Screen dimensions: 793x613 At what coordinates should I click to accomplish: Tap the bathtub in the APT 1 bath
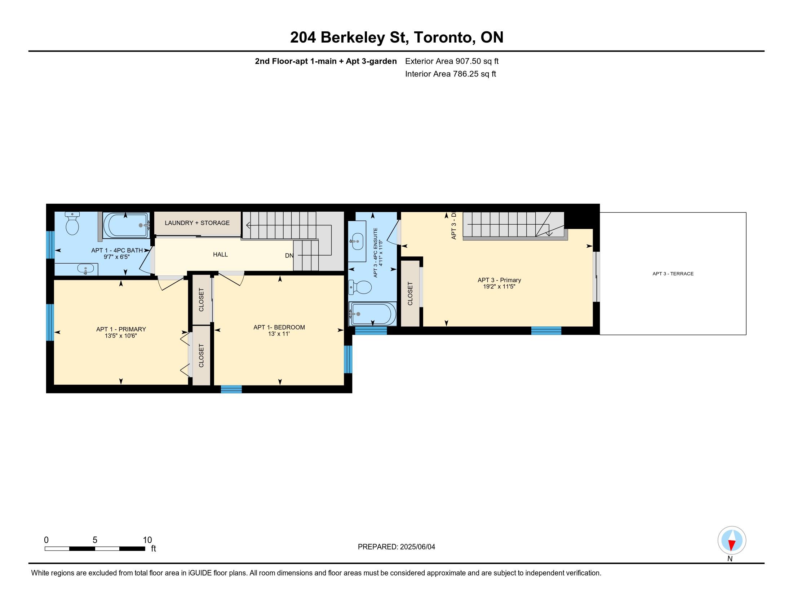point(127,225)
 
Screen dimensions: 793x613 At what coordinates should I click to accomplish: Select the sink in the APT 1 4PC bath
point(86,269)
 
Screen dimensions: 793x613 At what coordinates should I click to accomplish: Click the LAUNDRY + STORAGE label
point(197,223)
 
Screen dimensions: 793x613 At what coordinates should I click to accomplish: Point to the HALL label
point(220,255)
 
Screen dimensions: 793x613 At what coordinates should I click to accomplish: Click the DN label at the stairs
point(289,256)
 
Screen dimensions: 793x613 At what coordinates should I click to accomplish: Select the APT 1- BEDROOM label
point(279,327)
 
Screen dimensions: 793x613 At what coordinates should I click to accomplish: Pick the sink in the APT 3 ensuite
point(357,241)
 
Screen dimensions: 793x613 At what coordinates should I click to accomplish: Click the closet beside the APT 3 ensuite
point(410,294)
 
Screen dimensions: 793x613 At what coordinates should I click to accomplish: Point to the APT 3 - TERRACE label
point(673,274)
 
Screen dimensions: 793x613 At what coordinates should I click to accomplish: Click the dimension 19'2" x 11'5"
point(499,287)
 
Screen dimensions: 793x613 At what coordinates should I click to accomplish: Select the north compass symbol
point(732,541)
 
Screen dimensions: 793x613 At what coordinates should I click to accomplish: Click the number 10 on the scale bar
point(147,540)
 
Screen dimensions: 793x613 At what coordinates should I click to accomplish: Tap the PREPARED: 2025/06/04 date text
point(396,547)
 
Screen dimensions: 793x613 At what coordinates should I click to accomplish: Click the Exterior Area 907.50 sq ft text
point(452,61)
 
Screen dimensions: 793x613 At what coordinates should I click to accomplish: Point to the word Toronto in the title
point(444,38)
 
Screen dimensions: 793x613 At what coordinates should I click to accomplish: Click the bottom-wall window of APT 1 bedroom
point(231,389)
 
